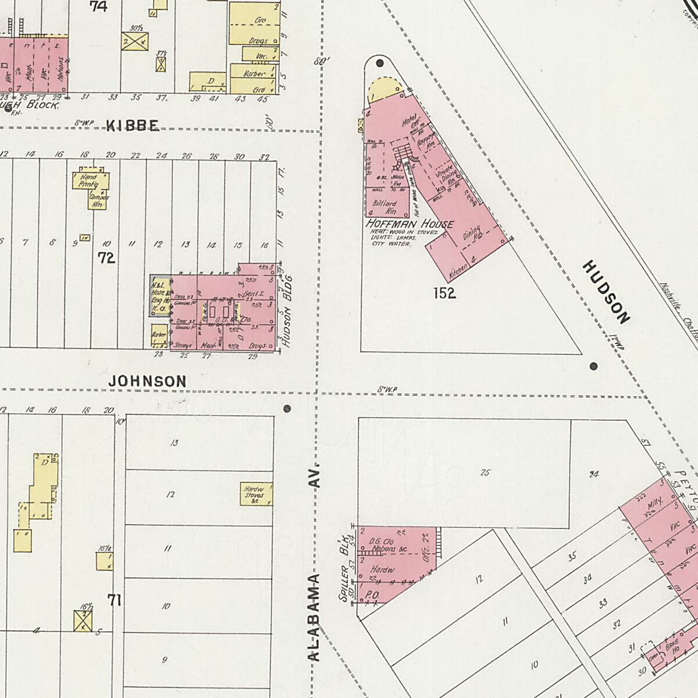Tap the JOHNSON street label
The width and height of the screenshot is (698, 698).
click(148, 381)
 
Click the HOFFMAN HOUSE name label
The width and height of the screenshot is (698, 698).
click(409, 224)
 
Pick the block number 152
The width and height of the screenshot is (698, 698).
click(444, 293)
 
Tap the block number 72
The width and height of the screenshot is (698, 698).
click(106, 258)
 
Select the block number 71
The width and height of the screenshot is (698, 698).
click(115, 600)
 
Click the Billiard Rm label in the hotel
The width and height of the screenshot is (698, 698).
click(384, 207)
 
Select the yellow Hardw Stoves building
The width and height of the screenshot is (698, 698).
click(256, 493)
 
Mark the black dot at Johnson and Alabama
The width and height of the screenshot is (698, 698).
click(287, 409)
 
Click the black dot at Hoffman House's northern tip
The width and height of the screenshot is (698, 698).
click(380, 63)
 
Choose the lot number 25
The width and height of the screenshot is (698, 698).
click(485, 472)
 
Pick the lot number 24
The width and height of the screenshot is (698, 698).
click(593, 474)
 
